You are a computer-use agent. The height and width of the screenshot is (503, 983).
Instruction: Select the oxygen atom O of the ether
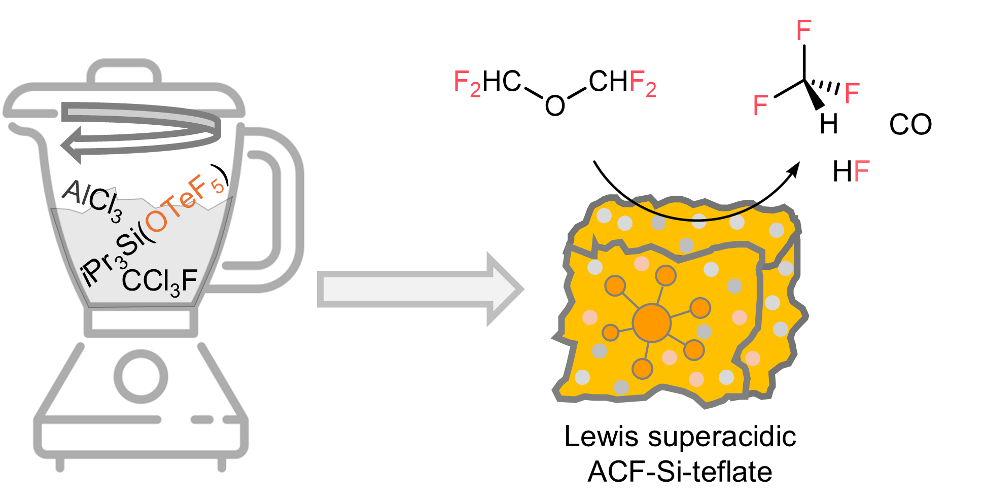[x=555, y=105]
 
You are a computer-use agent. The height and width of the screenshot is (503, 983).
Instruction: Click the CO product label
[x=910, y=124]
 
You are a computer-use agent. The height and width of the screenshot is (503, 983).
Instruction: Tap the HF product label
[x=851, y=171]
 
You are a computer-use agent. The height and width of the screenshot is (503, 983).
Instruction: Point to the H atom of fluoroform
[x=829, y=124]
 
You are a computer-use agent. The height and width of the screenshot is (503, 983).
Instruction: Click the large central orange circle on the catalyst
[x=652, y=323]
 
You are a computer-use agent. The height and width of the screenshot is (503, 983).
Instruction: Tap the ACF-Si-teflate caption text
[x=680, y=472]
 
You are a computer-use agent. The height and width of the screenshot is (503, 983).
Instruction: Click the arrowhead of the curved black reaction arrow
[x=793, y=169]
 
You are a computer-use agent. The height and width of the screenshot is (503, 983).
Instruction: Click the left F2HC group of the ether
[x=487, y=83]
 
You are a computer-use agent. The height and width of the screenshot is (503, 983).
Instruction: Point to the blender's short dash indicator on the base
[x=202, y=420]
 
